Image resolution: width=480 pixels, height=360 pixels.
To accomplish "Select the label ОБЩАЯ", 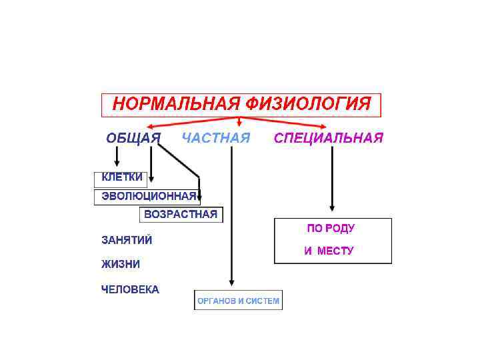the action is pyautogui.click(x=133, y=138).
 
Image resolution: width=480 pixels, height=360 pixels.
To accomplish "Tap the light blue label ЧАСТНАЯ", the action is pyautogui.click(x=216, y=138).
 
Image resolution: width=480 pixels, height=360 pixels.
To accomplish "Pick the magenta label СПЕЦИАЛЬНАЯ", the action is pyautogui.click(x=329, y=138).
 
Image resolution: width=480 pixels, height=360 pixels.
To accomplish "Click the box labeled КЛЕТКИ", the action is pyautogui.click(x=121, y=178).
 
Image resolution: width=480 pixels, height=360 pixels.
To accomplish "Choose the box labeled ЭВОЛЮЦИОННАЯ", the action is pyautogui.click(x=147, y=197).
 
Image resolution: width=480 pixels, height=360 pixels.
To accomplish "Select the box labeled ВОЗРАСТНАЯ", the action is pyautogui.click(x=181, y=215).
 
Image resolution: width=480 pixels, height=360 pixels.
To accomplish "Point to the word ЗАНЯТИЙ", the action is pyautogui.click(x=127, y=239).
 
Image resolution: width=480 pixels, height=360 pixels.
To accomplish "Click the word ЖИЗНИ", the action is pyautogui.click(x=121, y=264).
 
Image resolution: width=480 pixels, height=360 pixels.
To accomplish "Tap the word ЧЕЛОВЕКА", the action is pyautogui.click(x=130, y=289).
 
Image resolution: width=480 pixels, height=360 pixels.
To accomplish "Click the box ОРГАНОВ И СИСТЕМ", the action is pyautogui.click(x=238, y=301).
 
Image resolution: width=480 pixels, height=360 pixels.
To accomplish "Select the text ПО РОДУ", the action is pyautogui.click(x=331, y=228).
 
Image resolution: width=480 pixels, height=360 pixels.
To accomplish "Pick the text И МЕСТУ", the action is pyautogui.click(x=329, y=251).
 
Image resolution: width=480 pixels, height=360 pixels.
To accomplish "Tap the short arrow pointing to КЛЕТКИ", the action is pyautogui.click(x=117, y=157).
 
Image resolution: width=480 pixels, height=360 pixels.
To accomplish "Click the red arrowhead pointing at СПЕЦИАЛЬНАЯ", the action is pyautogui.click(x=324, y=126).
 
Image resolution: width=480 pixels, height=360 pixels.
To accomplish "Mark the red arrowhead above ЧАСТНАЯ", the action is pyautogui.click(x=239, y=123).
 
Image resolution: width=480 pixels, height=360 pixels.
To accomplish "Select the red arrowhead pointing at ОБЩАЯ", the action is pyautogui.click(x=151, y=126).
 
